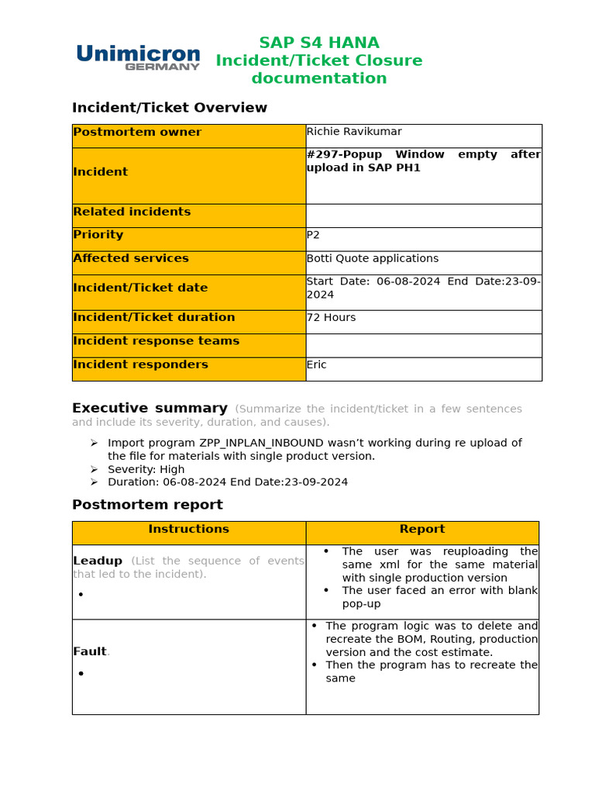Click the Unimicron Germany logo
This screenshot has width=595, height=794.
(138, 57)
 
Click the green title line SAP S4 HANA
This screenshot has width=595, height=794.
(319, 43)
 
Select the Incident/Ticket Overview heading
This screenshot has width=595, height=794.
(170, 108)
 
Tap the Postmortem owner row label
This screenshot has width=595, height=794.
(137, 133)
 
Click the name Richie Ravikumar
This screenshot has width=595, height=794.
(354, 132)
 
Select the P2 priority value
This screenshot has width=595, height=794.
(314, 235)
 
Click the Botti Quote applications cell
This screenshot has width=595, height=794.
(373, 258)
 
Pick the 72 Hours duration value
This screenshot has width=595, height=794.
(332, 317)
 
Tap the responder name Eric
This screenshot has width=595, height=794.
(317, 364)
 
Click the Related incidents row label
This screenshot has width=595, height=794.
(132, 212)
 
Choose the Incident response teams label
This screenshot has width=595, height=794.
(156, 341)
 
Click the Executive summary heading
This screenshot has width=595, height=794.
(150, 409)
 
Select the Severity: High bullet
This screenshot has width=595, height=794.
(146, 469)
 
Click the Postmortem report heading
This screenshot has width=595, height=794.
(147, 505)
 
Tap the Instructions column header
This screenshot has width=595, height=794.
(189, 529)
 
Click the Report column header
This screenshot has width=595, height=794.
(422, 529)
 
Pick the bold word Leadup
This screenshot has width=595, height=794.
(98, 561)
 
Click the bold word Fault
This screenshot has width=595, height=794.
(89, 652)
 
